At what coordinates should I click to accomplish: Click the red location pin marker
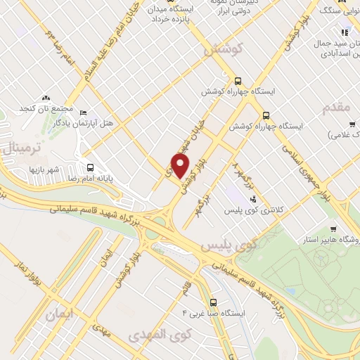(181, 166)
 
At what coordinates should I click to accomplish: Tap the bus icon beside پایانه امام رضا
(91, 167)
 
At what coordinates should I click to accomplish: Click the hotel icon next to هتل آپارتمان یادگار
(84, 112)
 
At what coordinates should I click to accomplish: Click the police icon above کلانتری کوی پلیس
(252, 199)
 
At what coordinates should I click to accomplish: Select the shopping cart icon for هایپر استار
(333, 229)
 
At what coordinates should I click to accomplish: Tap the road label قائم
(186, 286)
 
